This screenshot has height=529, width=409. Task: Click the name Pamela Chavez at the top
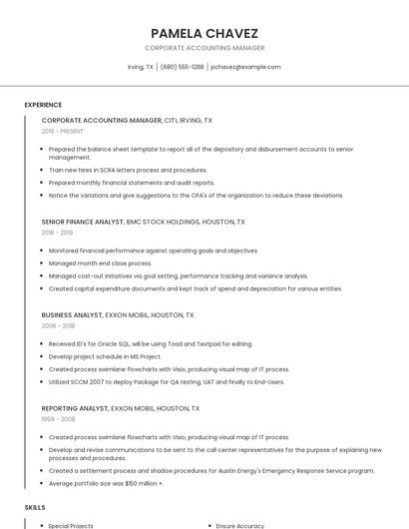(x=204, y=32)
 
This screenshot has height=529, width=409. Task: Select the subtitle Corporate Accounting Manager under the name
(x=204, y=48)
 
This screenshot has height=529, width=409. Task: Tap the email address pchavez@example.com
(x=246, y=67)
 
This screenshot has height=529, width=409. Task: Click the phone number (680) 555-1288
(x=182, y=67)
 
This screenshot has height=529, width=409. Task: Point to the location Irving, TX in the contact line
(x=141, y=67)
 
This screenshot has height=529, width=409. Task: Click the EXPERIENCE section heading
(x=43, y=105)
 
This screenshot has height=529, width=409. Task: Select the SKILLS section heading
(x=35, y=508)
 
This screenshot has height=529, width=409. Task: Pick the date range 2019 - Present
(x=62, y=131)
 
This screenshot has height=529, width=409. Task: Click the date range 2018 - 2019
(x=57, y=233)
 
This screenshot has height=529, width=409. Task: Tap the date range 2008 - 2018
(x=58, y=325)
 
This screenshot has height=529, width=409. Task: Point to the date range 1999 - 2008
(x=57, y=419)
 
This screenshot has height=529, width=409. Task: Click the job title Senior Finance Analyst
(x=83, y=222)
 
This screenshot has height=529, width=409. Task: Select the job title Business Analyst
(x=72, y=314)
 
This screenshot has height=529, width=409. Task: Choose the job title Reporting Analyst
(x=75, y=408)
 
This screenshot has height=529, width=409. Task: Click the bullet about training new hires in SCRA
(x=128, y=170)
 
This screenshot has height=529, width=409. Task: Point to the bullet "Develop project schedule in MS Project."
(x=105, y=356)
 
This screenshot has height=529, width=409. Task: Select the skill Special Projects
(x=71, y=525)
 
